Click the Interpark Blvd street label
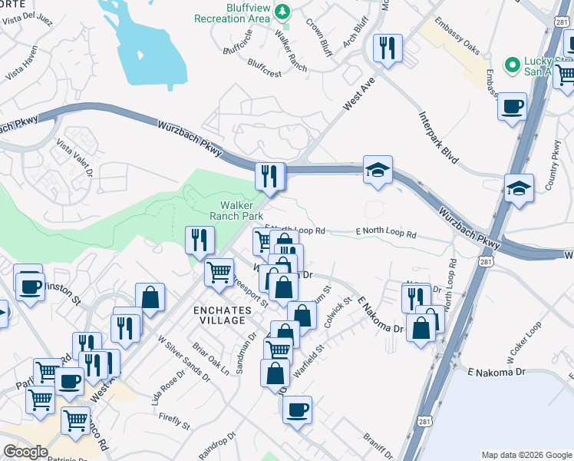438,138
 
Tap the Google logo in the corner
25,452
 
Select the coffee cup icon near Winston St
30,287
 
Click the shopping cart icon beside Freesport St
219,270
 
